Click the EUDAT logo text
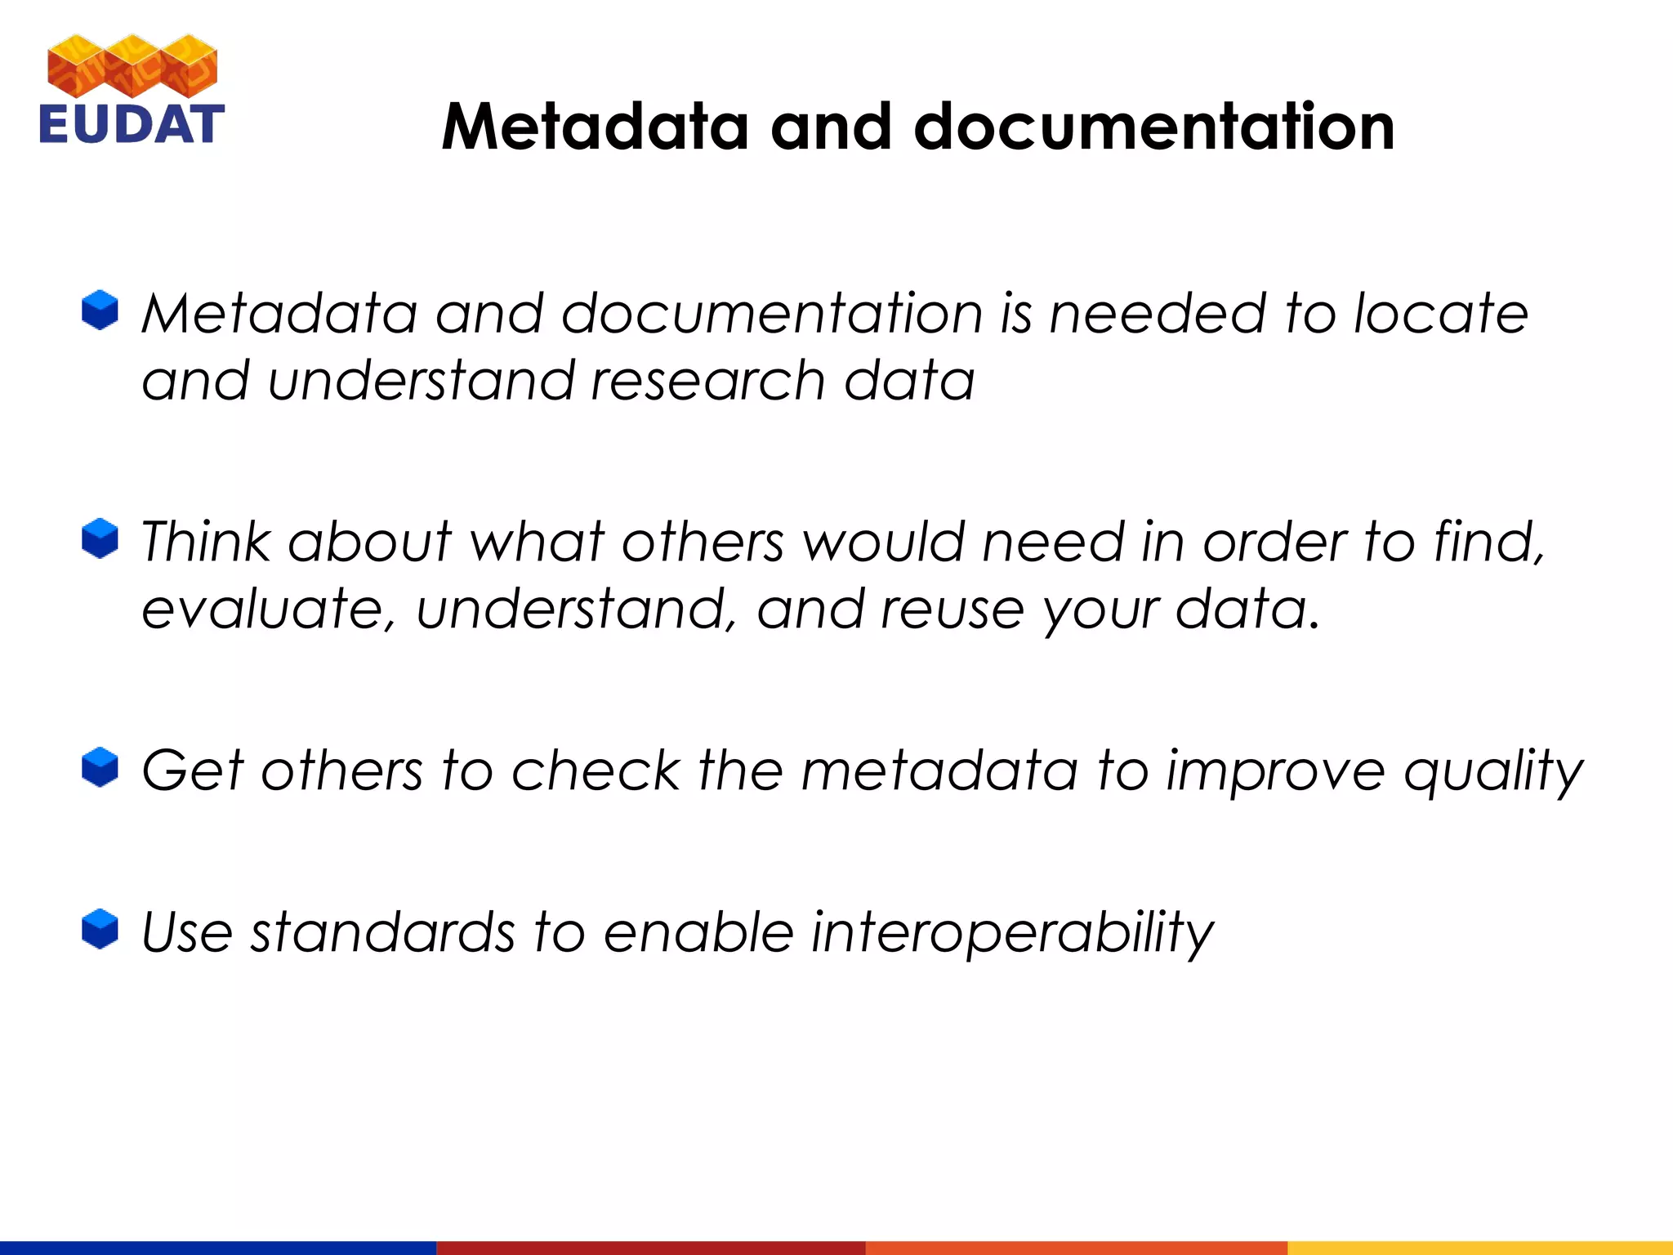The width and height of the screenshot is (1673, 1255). [131, 124]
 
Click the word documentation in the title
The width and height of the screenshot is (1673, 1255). [1153, 127]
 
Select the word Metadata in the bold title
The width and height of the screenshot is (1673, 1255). [595, 127]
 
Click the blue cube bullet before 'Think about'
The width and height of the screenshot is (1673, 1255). [100, 538]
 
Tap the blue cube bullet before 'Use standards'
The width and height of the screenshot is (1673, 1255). [100, 930]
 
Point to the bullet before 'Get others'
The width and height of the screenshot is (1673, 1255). [100, 767]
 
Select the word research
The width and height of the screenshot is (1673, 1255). [707, 381]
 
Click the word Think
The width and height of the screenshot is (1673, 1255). [205, 542]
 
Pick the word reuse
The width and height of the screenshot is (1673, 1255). [952, 610]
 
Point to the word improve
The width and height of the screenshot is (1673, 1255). [1275, 772]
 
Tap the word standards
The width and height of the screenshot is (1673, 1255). [382, 933]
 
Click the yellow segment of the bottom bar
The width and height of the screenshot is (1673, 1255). [1479, 1248]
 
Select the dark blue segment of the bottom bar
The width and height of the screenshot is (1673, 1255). [217, 1248]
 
